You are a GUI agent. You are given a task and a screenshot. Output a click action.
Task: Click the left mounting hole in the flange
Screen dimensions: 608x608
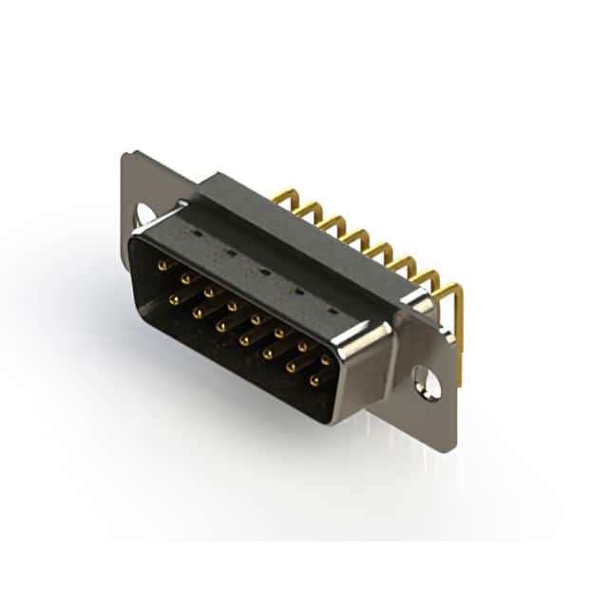coord(145,215)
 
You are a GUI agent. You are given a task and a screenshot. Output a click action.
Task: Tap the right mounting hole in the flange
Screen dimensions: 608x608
coord(427,385)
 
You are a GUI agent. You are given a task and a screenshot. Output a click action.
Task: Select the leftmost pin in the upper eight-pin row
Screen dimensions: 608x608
coord(161,267)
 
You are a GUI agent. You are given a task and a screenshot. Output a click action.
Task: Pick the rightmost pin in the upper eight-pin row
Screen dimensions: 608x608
coord(326,360)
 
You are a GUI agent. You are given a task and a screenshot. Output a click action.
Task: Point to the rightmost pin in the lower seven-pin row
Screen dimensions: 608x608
coord(314,380)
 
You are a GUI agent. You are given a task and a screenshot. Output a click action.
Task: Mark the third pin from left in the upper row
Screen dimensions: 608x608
coord(209,293)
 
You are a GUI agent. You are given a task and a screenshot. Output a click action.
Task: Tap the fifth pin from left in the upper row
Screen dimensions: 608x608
coord(256,319)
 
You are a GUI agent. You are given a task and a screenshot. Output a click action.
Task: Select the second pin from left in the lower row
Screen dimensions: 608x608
coord(199,313)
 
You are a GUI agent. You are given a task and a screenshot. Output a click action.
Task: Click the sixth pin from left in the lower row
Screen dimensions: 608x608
coord(291,367)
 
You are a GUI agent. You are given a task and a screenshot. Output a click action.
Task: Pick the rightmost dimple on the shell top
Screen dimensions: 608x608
coord(331,311)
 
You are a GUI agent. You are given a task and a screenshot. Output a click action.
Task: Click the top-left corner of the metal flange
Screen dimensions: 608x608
coord(125,155)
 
